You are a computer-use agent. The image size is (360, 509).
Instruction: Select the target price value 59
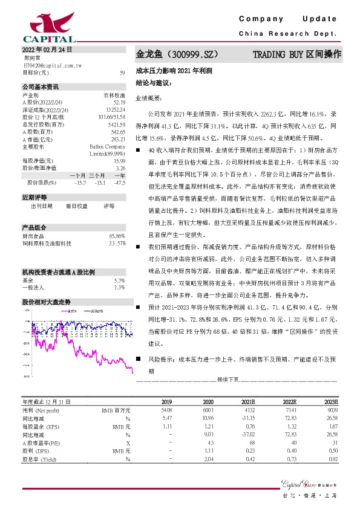(122, 73)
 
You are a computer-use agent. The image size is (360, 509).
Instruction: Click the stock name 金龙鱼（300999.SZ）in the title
(181, 54)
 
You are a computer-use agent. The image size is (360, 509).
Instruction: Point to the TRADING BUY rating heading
(296, 54)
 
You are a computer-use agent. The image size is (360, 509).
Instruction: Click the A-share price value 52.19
(119, 103)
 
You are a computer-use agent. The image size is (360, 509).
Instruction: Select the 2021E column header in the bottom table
(247, 401)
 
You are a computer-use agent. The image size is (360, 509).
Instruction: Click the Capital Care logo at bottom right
(309, 482)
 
